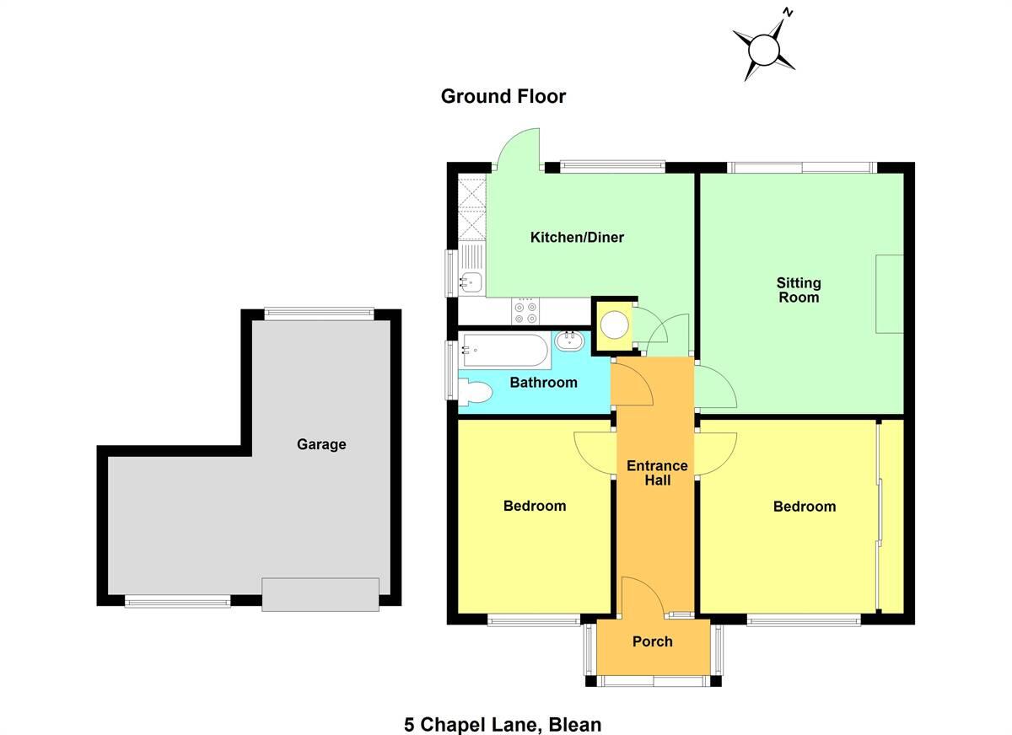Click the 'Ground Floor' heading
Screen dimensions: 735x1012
point(503,97)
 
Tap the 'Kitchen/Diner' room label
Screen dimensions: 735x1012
point(577,238)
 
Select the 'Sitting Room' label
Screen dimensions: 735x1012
point(798,290)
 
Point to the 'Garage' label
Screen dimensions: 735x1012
point(320,444)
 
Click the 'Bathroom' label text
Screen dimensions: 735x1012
point(543,383)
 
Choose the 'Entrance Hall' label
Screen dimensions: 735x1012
point(657,473)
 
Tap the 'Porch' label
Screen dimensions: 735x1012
point(652,642)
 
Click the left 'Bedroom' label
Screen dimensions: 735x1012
point(534,507)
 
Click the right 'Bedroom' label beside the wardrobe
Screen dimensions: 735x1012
point(804,507)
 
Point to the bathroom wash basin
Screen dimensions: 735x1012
point(571,341)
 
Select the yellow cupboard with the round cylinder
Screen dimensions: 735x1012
point(613,325)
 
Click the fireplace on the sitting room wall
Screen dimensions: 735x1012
point(889,294)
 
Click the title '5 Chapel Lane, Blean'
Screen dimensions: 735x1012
point(503,724)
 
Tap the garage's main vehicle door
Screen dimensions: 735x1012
point(320,593)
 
